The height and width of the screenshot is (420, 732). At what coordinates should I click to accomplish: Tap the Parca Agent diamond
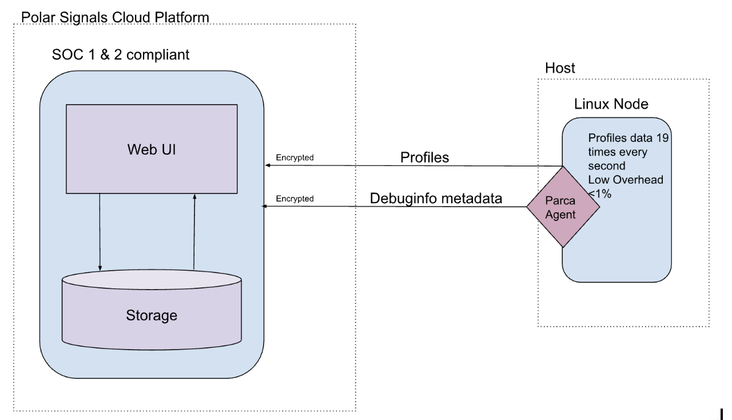point(563,207)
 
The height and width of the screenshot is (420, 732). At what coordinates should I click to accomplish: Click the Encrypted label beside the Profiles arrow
point(295,157)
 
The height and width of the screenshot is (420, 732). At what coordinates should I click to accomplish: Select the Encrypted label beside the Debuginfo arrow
point(295,199)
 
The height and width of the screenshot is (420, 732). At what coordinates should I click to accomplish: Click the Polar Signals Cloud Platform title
point(115,17)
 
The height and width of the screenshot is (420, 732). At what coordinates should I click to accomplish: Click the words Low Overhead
point(625,180)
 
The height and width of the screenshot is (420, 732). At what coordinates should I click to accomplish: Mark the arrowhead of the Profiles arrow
point(267,165)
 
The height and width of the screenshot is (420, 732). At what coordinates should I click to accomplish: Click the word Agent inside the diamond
point(563,216)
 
